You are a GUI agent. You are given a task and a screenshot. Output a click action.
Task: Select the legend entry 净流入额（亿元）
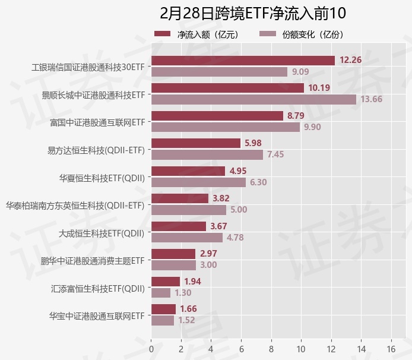coord(197,34)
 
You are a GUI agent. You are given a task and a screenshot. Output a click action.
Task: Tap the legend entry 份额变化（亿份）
coord(302,34)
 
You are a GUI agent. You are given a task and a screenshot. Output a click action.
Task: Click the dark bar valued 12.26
coord(243,60)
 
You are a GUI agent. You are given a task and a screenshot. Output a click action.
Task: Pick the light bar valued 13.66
coord(253,99)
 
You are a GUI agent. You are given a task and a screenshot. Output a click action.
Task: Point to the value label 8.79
coord(296,116)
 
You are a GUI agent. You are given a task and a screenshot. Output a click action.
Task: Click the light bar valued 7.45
coord(207,154)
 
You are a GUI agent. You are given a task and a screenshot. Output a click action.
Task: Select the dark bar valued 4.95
coord(188,171)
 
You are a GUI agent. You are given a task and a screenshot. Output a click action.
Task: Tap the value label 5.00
coord(239,210)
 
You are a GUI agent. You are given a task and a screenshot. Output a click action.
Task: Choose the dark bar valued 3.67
coord(179,226)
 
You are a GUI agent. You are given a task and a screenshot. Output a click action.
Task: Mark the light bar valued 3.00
coord(173,265)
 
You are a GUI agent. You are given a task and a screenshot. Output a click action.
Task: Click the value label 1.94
coord(193,281)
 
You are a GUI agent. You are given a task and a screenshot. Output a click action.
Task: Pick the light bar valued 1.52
coord(163,320)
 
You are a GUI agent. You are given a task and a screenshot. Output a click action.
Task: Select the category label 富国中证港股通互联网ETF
coord(97,122)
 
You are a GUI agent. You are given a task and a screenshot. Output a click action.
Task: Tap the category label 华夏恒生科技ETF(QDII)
coord(102,177)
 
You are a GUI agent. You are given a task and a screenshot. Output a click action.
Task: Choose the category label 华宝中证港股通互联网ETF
coord(97,315)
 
